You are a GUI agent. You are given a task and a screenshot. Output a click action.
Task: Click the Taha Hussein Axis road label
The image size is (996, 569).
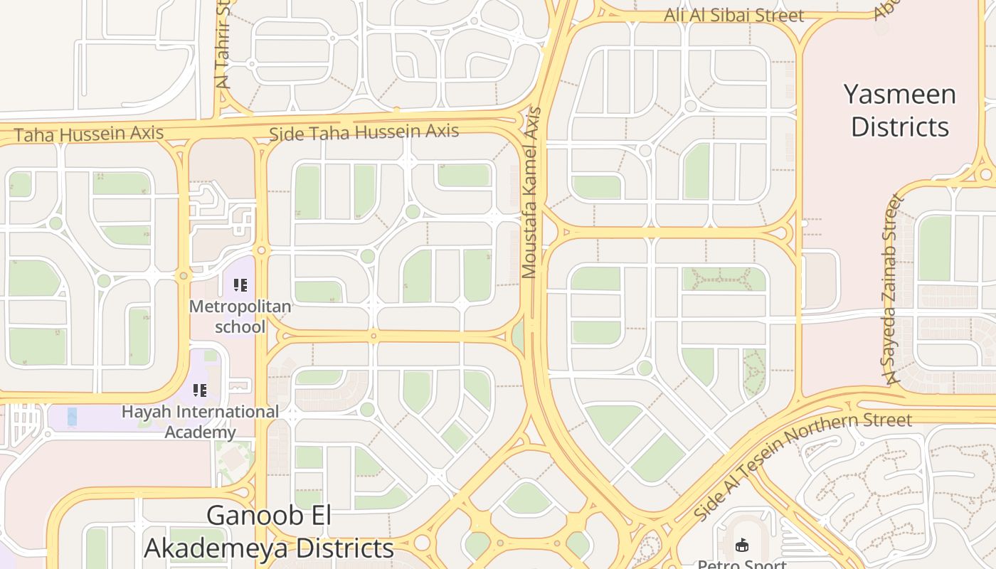tap(89, 134)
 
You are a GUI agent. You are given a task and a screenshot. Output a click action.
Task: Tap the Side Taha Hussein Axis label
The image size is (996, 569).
tap(364, 132)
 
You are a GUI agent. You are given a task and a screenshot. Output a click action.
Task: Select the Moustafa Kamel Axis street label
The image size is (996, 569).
tap(531, 192)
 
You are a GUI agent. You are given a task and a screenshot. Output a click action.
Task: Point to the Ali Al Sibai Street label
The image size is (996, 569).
tap(734, 15)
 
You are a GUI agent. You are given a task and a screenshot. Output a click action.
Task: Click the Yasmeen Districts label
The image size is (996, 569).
tap(900, 110)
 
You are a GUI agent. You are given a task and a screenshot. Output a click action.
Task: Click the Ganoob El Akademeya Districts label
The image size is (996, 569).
tap(269, 532)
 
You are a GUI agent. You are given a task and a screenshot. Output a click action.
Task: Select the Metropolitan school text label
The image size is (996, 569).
tap(240, 317)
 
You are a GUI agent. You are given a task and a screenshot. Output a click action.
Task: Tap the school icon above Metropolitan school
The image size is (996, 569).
tap(240, 285)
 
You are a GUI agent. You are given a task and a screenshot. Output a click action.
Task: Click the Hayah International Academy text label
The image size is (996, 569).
tap(200, 421)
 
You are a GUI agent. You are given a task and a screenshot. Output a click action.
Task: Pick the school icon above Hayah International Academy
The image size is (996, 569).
tap(200, 390)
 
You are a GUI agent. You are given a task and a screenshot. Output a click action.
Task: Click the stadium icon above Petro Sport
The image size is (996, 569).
tap(742, 546)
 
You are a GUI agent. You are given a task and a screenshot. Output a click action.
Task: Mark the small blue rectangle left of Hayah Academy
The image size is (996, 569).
tap(72, 417)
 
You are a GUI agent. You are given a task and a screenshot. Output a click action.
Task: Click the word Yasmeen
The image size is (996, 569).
tap(900, 95)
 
